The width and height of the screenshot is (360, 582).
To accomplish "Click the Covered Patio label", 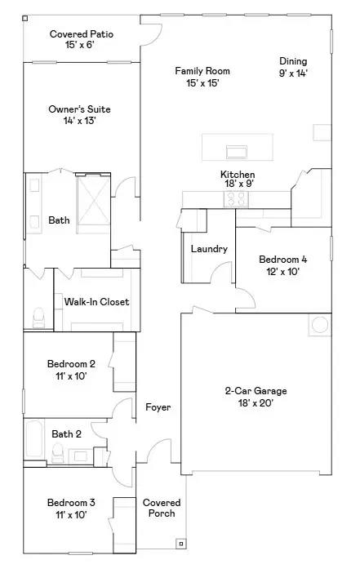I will click(81, 39).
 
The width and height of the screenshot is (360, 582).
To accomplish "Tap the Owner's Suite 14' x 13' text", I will click(81, 115).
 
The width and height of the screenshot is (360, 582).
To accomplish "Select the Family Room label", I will click(197, 77).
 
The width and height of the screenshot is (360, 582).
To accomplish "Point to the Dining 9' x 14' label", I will click(293, 67).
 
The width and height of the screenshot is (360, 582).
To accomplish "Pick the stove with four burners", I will click(237, 198).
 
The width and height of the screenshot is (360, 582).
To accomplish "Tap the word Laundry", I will click(209, 249).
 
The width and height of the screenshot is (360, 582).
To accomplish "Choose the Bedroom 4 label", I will click(282, 265).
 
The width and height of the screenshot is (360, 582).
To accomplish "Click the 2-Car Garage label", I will click(256, 396).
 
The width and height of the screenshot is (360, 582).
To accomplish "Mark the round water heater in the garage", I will click(318, 326).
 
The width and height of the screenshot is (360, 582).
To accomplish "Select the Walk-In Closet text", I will click(96, 302).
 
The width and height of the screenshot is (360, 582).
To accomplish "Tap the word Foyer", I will click(158, 407).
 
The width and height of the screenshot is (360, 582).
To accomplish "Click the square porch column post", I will click(179, 543).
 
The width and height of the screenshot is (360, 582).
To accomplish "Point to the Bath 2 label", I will click(66, 434).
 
